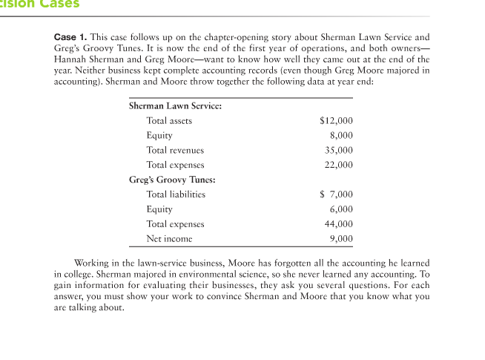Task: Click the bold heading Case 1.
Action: tap(70, 37)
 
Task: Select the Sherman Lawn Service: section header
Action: tap(175, 105)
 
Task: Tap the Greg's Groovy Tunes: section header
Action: tap(173, 180)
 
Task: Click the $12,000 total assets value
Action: tap(336, 120)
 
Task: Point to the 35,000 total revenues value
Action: tap(339, 150)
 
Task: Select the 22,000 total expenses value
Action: tap(339, 165)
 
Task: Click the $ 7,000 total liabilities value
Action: tap(336, 194)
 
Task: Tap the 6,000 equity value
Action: tap(341, 209)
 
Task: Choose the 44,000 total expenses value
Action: tap(339, 224)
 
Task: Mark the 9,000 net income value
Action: tap(341, 239)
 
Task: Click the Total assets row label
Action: tap(169, 120)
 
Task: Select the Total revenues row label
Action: tap(175, 150)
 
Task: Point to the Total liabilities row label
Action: tap(176, 194)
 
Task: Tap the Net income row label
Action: tap(169, 239)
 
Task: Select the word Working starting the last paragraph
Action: tap(92, 264)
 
